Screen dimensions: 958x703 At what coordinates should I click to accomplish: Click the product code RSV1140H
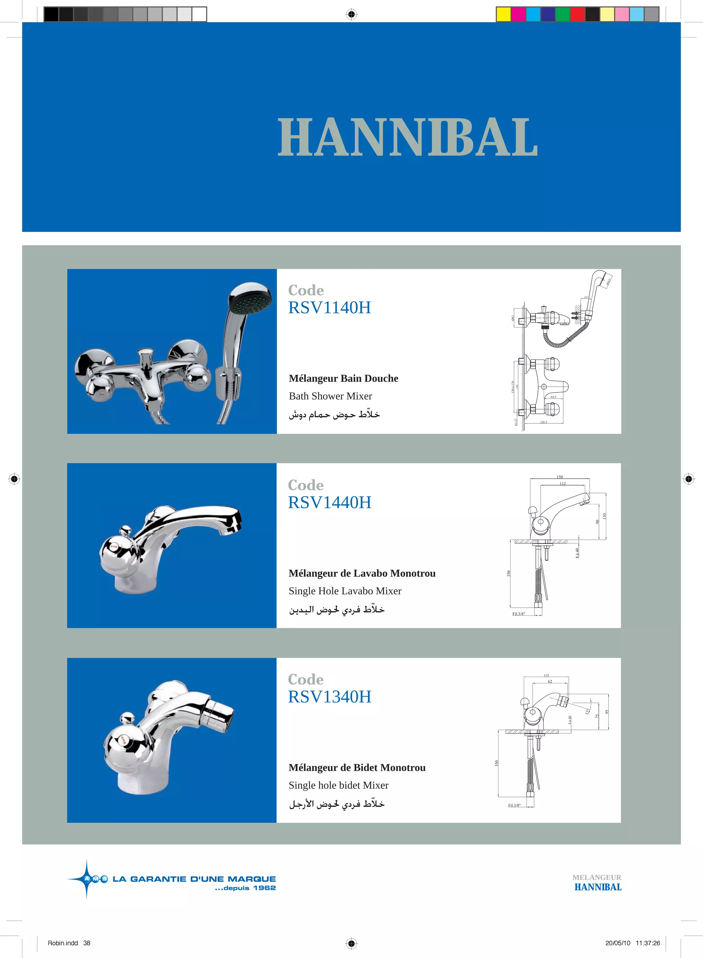coord(330,308)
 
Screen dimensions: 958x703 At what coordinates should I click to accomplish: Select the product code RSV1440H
coord(330,503)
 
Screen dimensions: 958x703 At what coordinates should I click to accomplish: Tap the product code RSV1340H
coord(330,697)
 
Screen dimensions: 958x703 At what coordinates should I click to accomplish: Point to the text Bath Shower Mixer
coord(330,396)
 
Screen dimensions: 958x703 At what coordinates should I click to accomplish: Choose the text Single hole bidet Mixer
coord(338,785)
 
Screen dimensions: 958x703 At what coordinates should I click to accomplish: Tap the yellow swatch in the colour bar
coord(504,14)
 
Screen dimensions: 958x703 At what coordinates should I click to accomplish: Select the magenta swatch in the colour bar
coord(518,14)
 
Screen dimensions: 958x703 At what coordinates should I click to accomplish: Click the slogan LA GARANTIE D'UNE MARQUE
coord(194,879)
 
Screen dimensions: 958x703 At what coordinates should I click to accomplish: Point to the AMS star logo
coord(88,879)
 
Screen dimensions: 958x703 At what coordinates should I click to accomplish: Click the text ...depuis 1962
coord(245,888)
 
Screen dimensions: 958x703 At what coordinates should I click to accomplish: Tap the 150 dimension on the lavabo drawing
coord(560,477)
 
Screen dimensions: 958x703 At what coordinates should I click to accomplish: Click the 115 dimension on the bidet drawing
coord(546,675)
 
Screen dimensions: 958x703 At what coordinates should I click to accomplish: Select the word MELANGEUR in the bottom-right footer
coord(597,878)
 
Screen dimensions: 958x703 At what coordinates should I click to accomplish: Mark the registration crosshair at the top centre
coord(351,14)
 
